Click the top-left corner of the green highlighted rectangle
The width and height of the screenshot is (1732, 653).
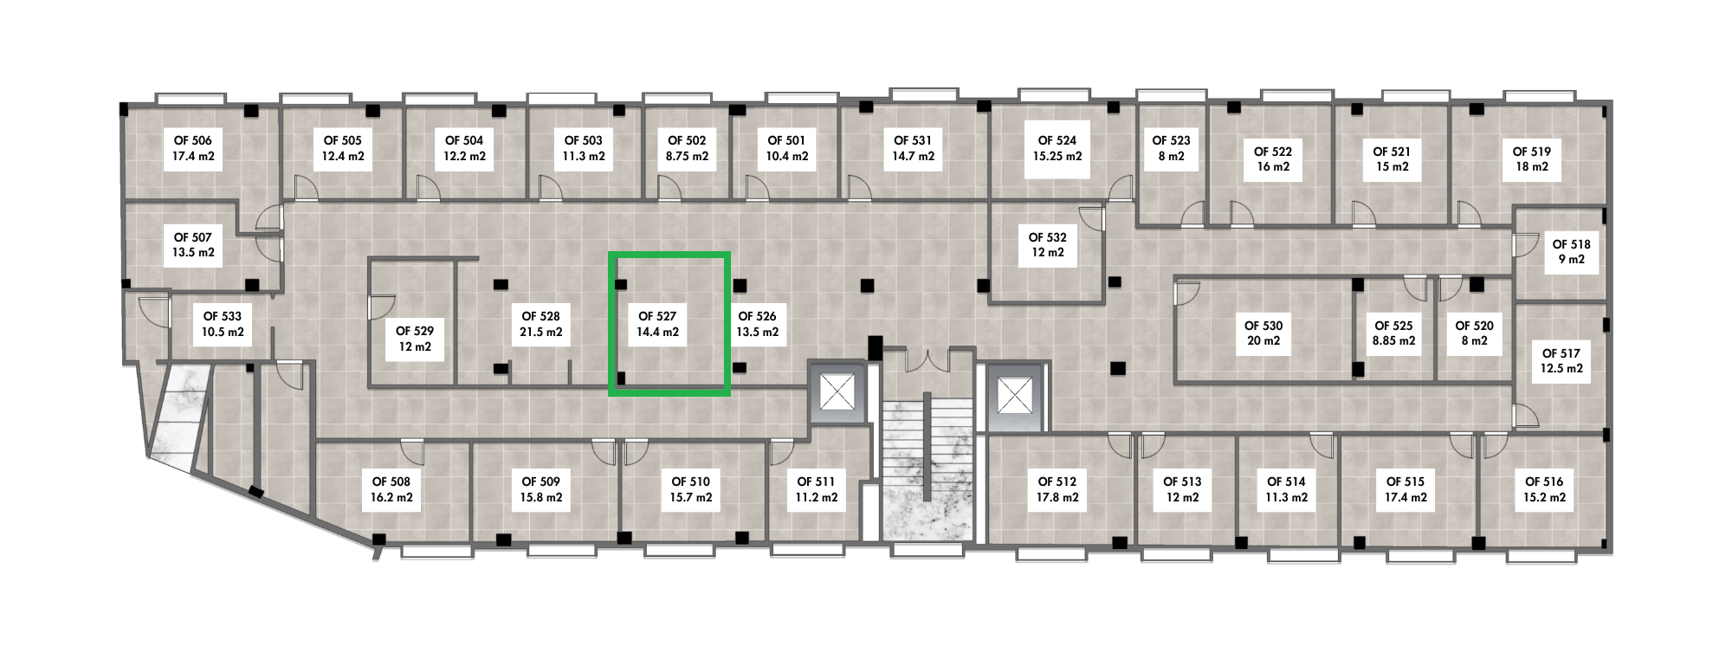point(611,254)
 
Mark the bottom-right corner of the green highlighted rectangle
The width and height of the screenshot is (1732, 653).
point(727,394)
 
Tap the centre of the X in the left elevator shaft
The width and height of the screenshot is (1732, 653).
point(837,394)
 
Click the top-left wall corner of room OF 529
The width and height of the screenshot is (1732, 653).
point(370,259)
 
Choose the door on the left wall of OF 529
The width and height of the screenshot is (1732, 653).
point(382,305)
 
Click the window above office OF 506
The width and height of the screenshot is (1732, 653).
point(190,98)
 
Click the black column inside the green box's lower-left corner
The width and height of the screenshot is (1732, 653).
point(621,378)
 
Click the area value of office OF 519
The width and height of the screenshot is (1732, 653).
point(1531,167)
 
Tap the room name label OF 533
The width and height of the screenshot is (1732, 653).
point(223,316)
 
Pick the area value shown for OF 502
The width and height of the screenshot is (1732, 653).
point(687,157)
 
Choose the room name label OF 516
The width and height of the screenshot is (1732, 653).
point(1543,482)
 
